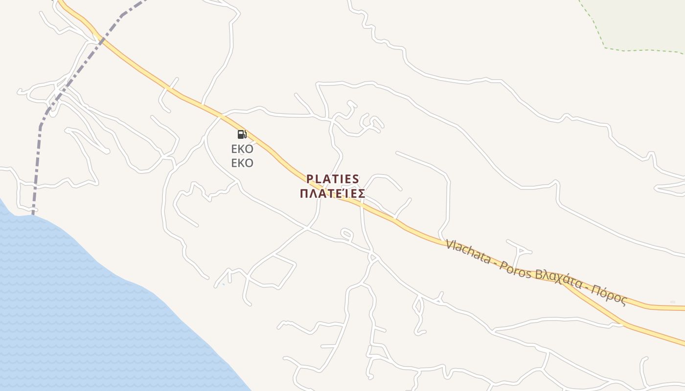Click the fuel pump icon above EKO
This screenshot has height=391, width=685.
242,134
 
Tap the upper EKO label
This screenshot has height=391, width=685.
242,149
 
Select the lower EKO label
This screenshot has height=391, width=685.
242,163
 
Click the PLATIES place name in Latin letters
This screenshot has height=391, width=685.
333,179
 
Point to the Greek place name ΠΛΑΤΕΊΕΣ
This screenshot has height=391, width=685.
332,194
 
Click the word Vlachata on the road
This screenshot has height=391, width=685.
468,251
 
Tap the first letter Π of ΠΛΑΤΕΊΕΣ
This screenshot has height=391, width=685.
304,194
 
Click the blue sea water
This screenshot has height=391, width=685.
73,318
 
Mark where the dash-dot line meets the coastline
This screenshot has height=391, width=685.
33,214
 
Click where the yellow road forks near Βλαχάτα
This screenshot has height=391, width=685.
563,282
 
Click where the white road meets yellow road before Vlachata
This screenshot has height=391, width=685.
439,238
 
